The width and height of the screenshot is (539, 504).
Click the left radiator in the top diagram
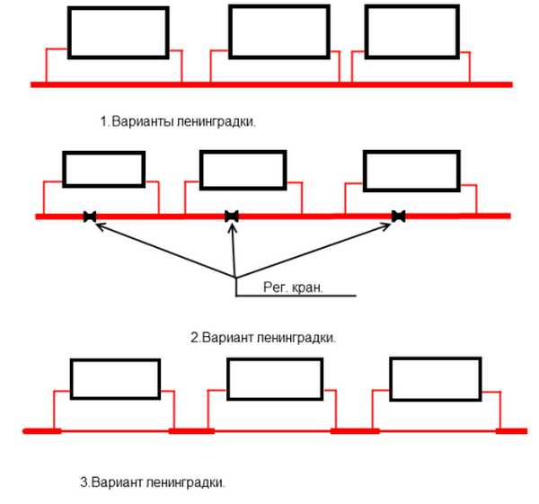118,33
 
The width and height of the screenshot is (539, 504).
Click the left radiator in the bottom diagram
114,379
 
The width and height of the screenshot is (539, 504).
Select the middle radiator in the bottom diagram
275,379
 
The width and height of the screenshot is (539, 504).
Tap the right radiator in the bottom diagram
433,377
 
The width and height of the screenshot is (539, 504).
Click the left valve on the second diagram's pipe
89,216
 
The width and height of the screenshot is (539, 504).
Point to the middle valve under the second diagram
232,216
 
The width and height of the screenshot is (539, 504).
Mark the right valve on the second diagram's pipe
398,216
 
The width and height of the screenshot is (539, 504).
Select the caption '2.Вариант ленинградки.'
263,338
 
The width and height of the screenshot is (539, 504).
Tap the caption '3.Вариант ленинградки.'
153,482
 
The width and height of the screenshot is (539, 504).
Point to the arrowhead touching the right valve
391,225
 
